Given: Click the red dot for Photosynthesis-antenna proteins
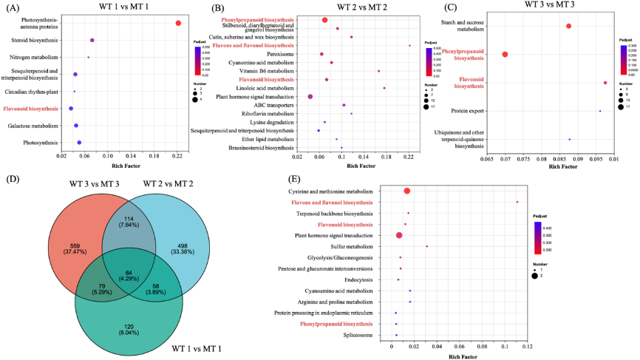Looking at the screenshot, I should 178,24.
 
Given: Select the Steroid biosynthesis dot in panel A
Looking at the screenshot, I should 92,41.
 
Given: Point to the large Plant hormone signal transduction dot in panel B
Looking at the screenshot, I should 310,97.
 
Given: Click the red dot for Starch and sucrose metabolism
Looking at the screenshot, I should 568,27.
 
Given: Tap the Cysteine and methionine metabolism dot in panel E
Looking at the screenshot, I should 407,191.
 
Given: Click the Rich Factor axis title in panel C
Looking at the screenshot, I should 551,167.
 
